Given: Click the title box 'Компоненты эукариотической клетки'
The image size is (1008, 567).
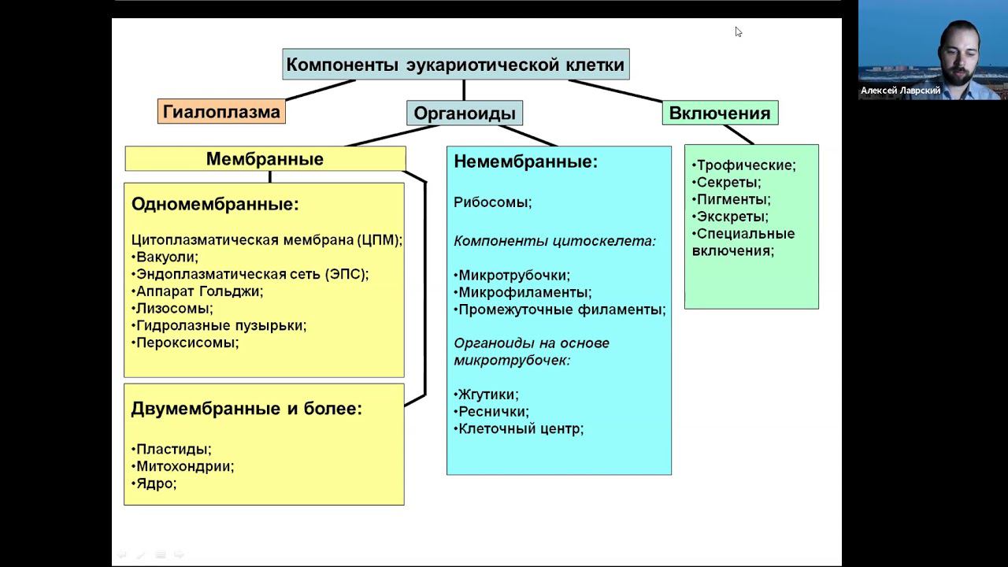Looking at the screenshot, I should pos(455,65).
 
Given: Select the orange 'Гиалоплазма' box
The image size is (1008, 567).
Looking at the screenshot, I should pos(221,112).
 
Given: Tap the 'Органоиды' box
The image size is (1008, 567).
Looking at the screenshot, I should pos(465,113).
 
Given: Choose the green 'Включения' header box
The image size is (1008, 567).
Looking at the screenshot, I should pos(720,113).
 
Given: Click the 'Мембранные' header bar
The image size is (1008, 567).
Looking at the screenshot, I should pos(265,159).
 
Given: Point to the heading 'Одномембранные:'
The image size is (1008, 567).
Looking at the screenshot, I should pos(215,205).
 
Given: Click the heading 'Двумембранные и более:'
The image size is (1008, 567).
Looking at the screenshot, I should pos(246,409).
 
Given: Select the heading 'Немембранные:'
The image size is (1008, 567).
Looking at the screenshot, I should pos(526,162).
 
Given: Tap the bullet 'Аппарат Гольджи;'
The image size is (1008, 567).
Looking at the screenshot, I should pos(199,291).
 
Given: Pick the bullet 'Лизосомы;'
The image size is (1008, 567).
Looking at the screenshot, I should pos(174,309).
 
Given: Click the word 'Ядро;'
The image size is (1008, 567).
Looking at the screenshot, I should pos(156,484).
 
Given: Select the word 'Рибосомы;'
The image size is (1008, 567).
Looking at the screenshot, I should pos(493,202).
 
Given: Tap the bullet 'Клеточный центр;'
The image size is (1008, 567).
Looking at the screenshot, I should pos(521,429).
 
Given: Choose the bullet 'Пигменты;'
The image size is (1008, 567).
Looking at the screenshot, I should pos(733,199).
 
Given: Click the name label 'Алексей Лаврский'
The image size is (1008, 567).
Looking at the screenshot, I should pos(900,91).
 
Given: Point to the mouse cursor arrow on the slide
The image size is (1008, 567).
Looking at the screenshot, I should pos(738,31).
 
